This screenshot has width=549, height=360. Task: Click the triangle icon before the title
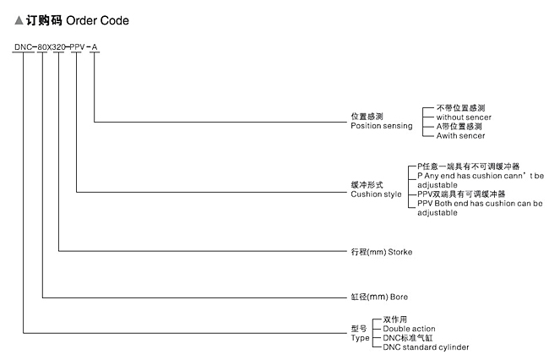(x=19, y=20)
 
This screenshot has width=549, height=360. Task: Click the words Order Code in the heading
(x=97, y=20)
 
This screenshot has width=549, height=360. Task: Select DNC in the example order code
(x=23, y=47)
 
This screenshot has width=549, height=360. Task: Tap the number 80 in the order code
(x=42, y=47)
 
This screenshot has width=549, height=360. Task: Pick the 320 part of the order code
(x=58, y=47)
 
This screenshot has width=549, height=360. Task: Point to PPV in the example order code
(x=77, y=47)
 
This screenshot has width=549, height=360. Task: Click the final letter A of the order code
(x=95, y=47)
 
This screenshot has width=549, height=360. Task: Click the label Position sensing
(x=382, y=126)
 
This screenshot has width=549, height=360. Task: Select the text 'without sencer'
(x=464, y=117)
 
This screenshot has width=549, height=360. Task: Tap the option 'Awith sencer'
(x=460, y=135)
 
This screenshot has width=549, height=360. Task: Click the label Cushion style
(x=376, y=194)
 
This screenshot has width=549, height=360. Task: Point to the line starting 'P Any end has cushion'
(x=481, y=176)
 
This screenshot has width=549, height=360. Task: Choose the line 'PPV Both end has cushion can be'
(x=480, y=203)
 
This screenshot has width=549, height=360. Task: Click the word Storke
(x=400, y=252)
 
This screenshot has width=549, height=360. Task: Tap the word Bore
(x=399, y=297)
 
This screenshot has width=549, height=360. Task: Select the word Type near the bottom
(x=360, y=338)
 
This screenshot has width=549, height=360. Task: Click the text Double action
(x=409, y=329)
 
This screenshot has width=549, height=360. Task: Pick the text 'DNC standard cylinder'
(x=426, y=347)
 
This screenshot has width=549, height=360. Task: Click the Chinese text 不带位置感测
(x=460, y=108)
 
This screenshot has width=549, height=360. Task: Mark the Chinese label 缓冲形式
(x=367, y=185)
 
